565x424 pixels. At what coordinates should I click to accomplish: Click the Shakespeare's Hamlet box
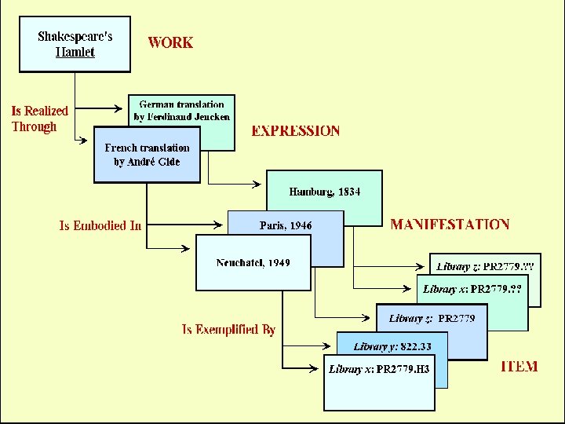click(75, 45)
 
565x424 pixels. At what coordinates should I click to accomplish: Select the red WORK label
click(170, 42)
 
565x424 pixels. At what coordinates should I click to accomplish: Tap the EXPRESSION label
click(296, 131)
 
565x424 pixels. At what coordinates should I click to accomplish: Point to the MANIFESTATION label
click(450, 225)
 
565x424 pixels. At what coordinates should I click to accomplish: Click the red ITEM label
click(519, 367)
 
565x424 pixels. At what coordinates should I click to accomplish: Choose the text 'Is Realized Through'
click(39, 119)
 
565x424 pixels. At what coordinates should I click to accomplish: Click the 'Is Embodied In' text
click(100, 226)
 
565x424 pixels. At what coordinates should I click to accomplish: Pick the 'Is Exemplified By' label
click(228, 330)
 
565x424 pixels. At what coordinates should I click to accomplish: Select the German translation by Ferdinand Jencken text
click(182, 111)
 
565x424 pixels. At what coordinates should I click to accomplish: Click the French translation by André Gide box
click(147, 155)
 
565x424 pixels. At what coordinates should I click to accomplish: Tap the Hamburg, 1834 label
click(325, 192)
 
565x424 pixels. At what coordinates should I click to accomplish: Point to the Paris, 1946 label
click(286, 225)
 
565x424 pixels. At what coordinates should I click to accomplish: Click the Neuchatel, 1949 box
click(253, 262)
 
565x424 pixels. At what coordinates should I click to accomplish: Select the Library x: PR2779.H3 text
click(379, 369)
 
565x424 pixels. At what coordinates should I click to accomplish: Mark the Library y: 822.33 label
click(392, 346)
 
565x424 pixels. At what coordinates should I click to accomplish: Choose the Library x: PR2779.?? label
click(472, 289)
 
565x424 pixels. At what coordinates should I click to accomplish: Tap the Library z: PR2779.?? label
click(485, 266)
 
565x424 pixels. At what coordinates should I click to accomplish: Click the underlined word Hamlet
click(75, 53)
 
